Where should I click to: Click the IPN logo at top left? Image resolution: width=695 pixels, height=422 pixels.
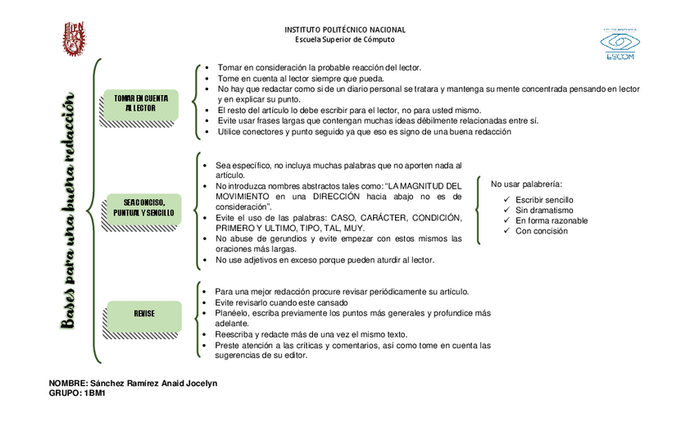coord(75,39)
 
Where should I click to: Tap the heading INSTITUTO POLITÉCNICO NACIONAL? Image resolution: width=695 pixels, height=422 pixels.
coord(344,30)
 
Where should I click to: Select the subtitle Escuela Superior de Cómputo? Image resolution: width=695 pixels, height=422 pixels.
coord(344,39)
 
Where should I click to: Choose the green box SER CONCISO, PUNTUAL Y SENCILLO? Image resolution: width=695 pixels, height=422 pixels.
coord(144,207)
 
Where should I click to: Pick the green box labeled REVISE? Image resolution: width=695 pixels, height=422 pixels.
coord(144,313)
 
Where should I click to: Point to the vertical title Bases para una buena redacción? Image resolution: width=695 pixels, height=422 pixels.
coord(73,211)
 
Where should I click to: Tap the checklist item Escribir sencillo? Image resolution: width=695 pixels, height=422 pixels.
coord(544,200)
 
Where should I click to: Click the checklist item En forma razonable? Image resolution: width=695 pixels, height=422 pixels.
coord(551,220)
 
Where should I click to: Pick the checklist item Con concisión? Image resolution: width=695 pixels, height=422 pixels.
coord(542,231)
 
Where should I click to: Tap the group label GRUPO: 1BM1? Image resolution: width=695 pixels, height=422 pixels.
coord(77,393)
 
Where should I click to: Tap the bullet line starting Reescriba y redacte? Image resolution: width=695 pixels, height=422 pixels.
coord(311,334)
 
